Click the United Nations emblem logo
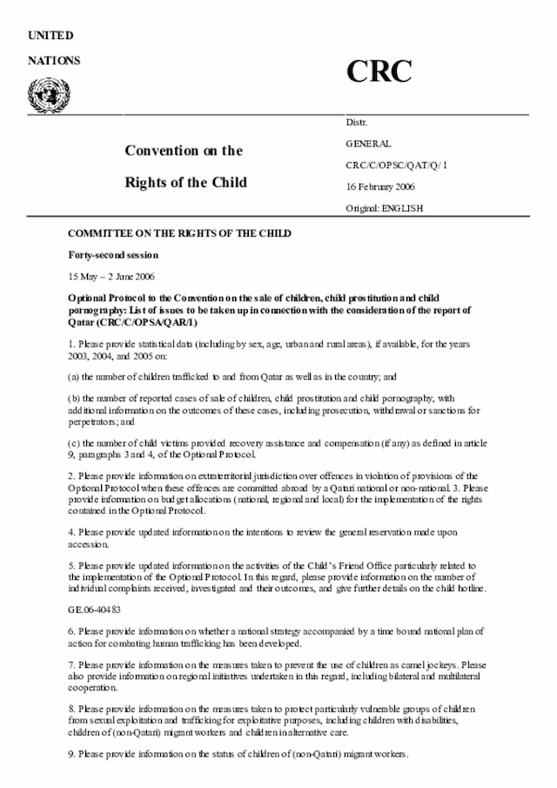[43, 91]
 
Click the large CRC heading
[379, 71]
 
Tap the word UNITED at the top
[50, 35]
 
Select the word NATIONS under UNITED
[54, 60]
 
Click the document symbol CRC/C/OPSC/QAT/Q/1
[396, 165]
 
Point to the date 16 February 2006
[380, 186]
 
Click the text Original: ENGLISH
[385, 209]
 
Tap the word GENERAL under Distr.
[368, 144]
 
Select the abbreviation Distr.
[357, 124]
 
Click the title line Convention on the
[184, 150]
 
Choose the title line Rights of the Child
[185, 182]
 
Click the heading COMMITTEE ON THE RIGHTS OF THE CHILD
[179, 233]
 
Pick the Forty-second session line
[113, 254]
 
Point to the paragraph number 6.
[71, 630]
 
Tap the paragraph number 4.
[71, 531]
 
